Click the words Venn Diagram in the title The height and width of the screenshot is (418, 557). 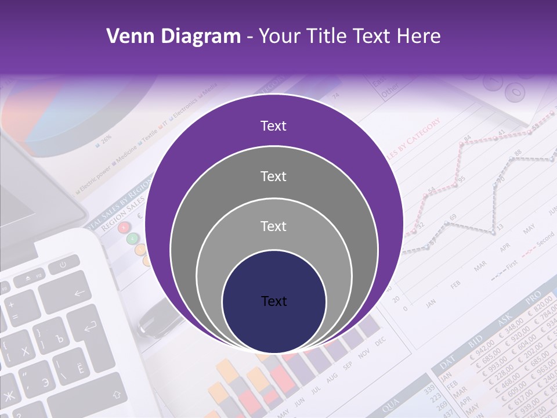click(173, 37)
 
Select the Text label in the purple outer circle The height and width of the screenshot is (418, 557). click(273, 126)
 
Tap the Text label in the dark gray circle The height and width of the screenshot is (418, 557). click(273, 176)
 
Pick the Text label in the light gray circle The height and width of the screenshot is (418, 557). click(273, 226)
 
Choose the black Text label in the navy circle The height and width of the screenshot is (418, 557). click(273, 301)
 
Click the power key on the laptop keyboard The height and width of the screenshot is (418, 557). click(61, 266)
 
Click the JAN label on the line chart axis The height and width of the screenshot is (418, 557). click(431, 303)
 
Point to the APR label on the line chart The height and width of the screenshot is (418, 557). click(504, 247)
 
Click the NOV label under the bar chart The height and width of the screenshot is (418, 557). click(364, 354)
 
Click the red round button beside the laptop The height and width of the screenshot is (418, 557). click(124, 228)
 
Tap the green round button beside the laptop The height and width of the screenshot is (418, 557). click(133, 238)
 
